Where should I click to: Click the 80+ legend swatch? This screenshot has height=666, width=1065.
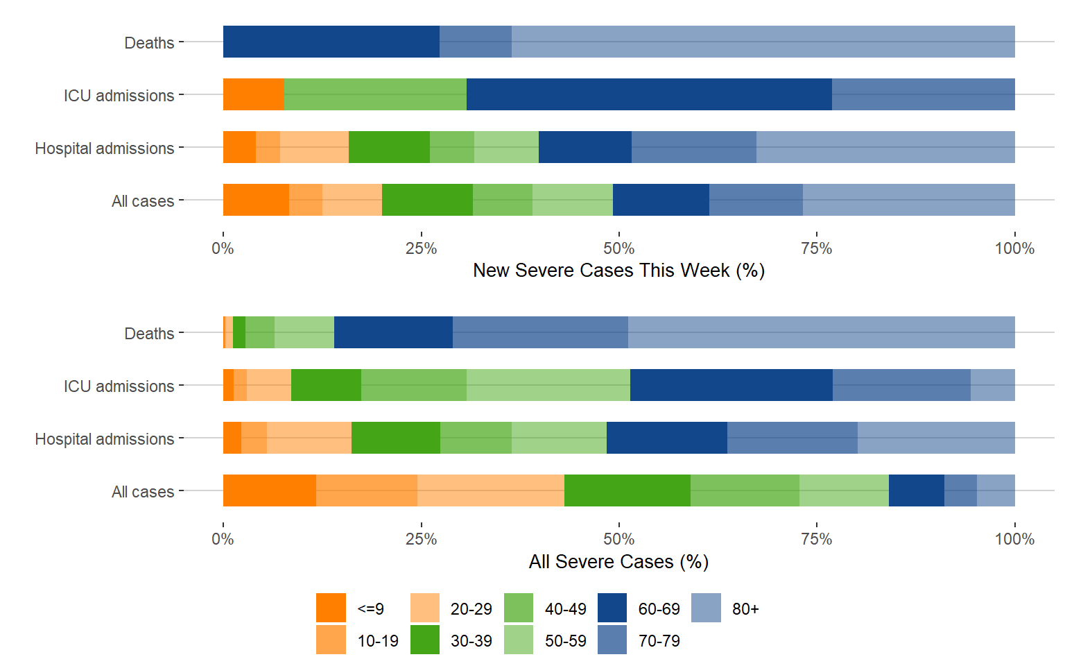tap(706, 608)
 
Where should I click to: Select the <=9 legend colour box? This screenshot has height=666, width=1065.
tap(331, 608)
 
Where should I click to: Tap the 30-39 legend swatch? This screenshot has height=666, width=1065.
tap(425, 640)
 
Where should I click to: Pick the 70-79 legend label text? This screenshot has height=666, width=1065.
tap(659, 641)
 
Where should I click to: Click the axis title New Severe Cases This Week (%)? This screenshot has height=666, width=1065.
tap(618, 271)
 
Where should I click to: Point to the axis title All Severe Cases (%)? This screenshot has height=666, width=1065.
tap(618, 561)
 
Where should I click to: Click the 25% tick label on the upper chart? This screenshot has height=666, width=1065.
tap(421, 248)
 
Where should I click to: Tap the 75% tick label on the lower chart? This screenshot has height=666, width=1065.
tap(816, 539)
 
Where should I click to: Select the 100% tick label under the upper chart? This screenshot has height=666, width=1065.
tap(1014, 248)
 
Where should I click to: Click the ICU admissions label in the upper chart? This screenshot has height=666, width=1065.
tap(119, 96)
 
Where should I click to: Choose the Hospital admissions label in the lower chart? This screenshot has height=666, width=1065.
tap(105, 439)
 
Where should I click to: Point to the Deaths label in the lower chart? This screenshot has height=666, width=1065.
tap(149, 334)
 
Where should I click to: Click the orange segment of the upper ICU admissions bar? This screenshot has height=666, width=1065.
tap(253, 94)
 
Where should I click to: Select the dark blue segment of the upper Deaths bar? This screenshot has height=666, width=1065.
tap(331, 42)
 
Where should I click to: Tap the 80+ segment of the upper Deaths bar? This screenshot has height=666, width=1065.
tap(763, 42)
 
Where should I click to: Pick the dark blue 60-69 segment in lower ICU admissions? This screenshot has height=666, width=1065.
tap(731, 385)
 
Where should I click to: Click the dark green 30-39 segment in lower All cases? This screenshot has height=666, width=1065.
tap(627, 490)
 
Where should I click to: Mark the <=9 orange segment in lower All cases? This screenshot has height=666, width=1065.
tap(269, 490)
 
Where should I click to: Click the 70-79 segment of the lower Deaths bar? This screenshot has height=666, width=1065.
tap(540, 332)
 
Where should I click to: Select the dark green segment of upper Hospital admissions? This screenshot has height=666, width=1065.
tap(389, 147)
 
